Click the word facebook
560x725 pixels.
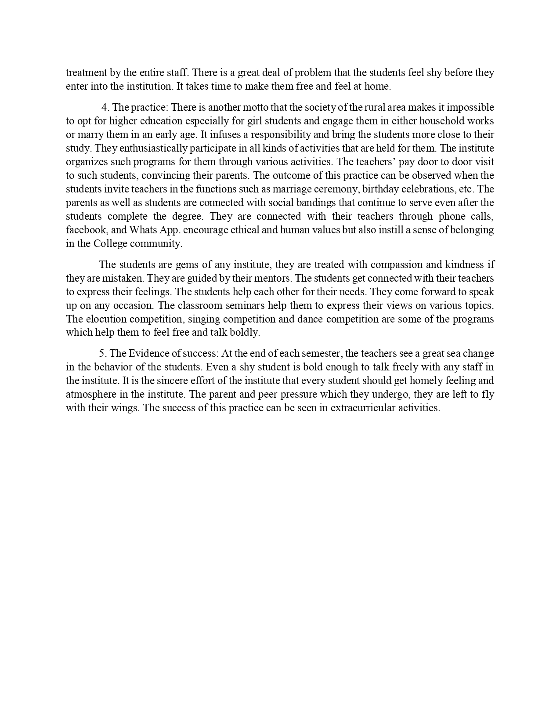point(86,230)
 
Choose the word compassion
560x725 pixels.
point(381,265)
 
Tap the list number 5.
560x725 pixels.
point(102,353)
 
